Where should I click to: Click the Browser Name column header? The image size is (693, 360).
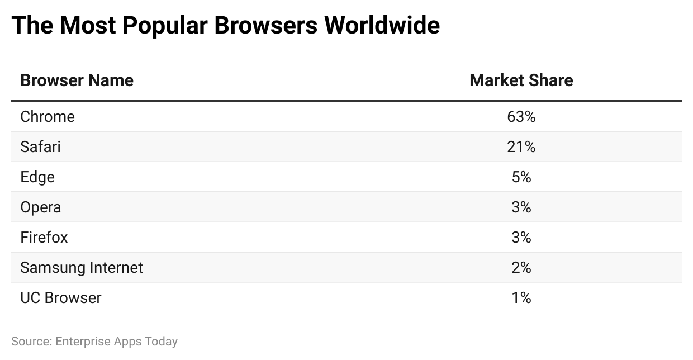coord(77,80)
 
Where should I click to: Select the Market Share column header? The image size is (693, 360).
coord(521,80)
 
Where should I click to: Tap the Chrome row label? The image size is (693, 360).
coord(48,117)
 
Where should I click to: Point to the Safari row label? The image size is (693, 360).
coord(40,147)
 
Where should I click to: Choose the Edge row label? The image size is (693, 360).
coord(37,177)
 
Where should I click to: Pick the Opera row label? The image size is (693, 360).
coord(41,207)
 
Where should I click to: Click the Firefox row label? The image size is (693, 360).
coord(44,238)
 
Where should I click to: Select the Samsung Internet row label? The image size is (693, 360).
coord(82,268)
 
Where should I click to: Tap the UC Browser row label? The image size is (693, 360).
coord(61,298)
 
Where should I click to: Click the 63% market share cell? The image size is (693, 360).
coord(521,117)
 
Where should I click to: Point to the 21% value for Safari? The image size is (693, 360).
coord(521,147)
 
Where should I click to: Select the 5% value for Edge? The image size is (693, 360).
coord(521,177)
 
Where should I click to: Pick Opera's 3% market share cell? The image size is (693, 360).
coord(521,207)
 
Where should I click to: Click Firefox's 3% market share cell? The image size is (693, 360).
coord(521,238)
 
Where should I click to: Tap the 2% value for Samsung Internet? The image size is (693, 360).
coord(521,268)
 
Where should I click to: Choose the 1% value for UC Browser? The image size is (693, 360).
coord(521,298)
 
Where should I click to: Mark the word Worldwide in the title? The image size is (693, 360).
coord(383,26)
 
